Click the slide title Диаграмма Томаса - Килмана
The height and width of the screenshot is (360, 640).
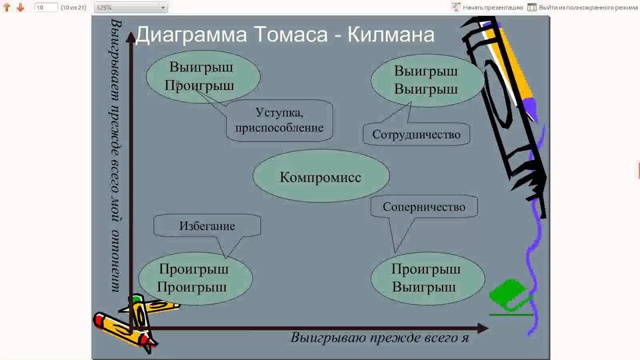pyautogui.click(x=284, y=35)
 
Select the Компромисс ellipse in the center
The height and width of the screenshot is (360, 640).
pyautogui.click(x=320, y=177)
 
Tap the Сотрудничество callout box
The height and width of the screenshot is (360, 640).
pyautogui.click(x=416, y=134)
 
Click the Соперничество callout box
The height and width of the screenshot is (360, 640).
pyautogui.click(x=424, y=206)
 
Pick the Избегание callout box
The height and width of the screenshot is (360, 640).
pyautogui.click(x=207, y=225)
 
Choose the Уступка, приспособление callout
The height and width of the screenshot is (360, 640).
pyautogui.click(x=279, y=120)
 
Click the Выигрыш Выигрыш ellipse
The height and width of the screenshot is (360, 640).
pyautogui.click(x=426, y=80)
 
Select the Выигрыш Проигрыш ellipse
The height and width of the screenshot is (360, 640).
pyautogui.click(x=202, y=76)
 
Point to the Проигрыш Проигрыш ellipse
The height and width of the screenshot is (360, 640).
pyautogui.click(x=194, y=278)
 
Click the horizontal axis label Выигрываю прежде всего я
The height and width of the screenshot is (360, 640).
pyautogui.click(x=380, y=337)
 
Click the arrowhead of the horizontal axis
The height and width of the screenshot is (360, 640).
pyautogui.click(x=482, y=328)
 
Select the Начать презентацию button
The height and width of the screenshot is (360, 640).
pyautogui.click(x=487, y=7)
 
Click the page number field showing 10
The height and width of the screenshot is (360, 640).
pyautogui.click(x=46, y=7)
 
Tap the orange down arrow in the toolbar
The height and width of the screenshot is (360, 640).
pyautogui.click(x=20, y=7)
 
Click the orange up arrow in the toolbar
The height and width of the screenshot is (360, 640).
pyautogui.click(x=7, y=7)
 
